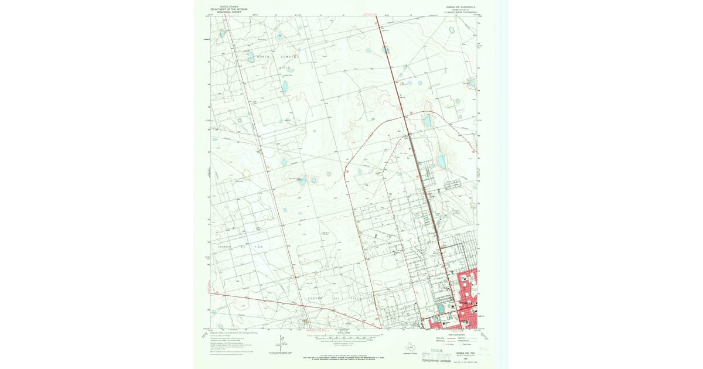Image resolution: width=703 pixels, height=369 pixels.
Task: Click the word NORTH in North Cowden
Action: [263, 56]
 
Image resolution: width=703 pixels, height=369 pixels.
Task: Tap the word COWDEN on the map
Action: [289, 56]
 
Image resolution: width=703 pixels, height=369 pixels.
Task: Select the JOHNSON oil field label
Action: [226, 247]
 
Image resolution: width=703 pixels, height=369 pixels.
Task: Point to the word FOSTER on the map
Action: [316, 298]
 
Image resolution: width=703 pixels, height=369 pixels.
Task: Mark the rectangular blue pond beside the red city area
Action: [441, 307]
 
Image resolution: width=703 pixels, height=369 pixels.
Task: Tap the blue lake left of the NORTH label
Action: [251, 57]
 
